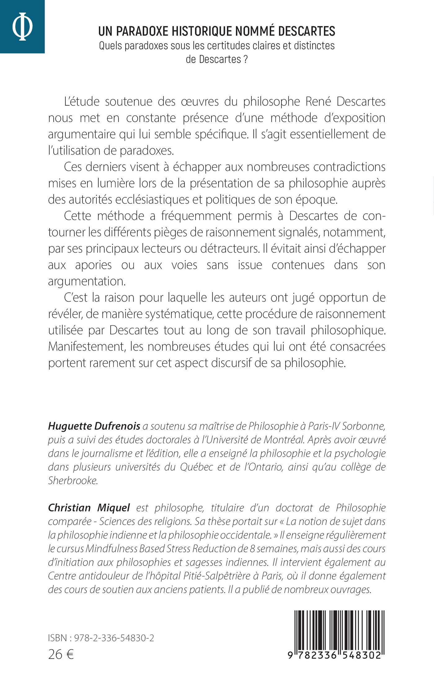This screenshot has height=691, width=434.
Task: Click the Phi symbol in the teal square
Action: [x=22, y=27]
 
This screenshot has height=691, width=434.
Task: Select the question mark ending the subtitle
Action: [x=246, y=59]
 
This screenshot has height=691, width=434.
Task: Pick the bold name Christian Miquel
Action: [x=89, y=508]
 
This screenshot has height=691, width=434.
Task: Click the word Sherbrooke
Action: [x=73, y=481]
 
